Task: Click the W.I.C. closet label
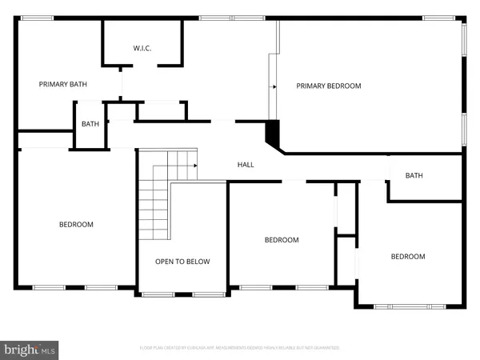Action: (x=142, y=49)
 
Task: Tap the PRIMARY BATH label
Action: (x=63, y=84)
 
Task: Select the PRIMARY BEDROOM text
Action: (x=329, y=86)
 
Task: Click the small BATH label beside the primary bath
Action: (x=90, y=124)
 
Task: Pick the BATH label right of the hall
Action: (x=414, y=176)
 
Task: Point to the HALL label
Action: (x=246, y=165)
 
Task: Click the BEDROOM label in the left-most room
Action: (x=76, y=225)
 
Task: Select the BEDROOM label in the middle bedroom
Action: (x=282, y=240)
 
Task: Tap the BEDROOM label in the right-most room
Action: (x=407, y=257)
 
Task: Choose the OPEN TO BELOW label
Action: (x=182, y=262)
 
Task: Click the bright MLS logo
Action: (x=30, y=349)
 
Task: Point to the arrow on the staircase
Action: (x=193, y=165)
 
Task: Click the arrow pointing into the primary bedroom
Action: (x=274, y=86)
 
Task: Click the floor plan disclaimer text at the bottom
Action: (x=240, y=348)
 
